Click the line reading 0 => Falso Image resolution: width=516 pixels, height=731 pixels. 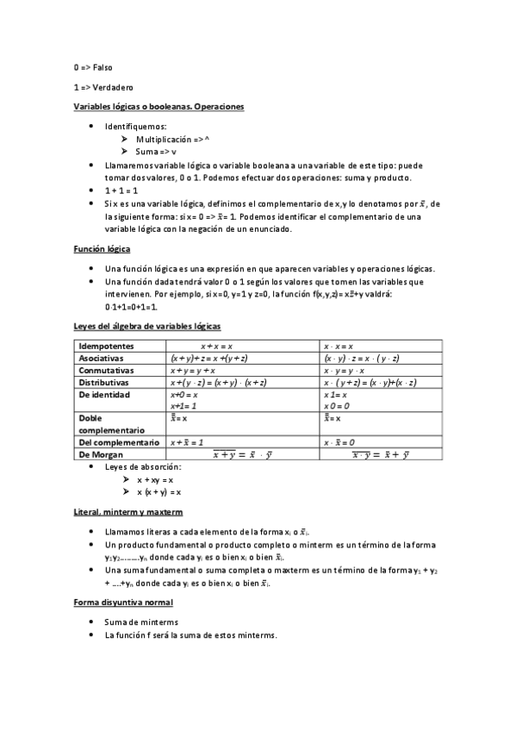point(93,66)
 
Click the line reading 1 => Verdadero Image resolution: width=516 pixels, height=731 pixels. point(103,87)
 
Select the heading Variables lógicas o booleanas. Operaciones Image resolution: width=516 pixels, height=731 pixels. point(159,107)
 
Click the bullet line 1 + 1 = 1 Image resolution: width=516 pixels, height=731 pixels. point(121,190)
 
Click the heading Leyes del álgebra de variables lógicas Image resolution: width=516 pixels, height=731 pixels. point(146,327)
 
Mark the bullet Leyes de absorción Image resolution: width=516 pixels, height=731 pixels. point(143,466)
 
